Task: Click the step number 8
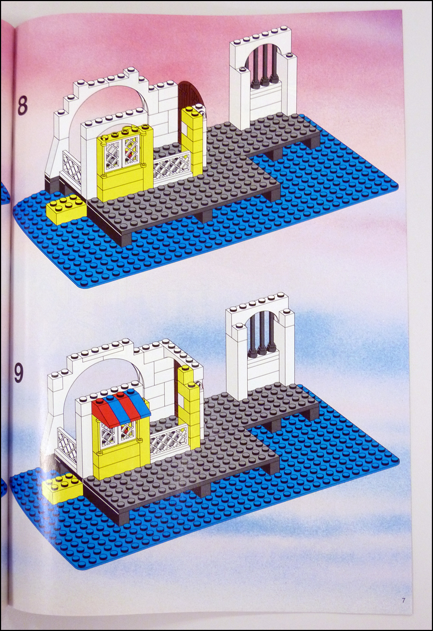pyautogui.click(x=23, y=106)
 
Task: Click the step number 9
pyautogui.click(x=19, y=373)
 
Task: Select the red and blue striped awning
pyautogui.click(x=121, y=408)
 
